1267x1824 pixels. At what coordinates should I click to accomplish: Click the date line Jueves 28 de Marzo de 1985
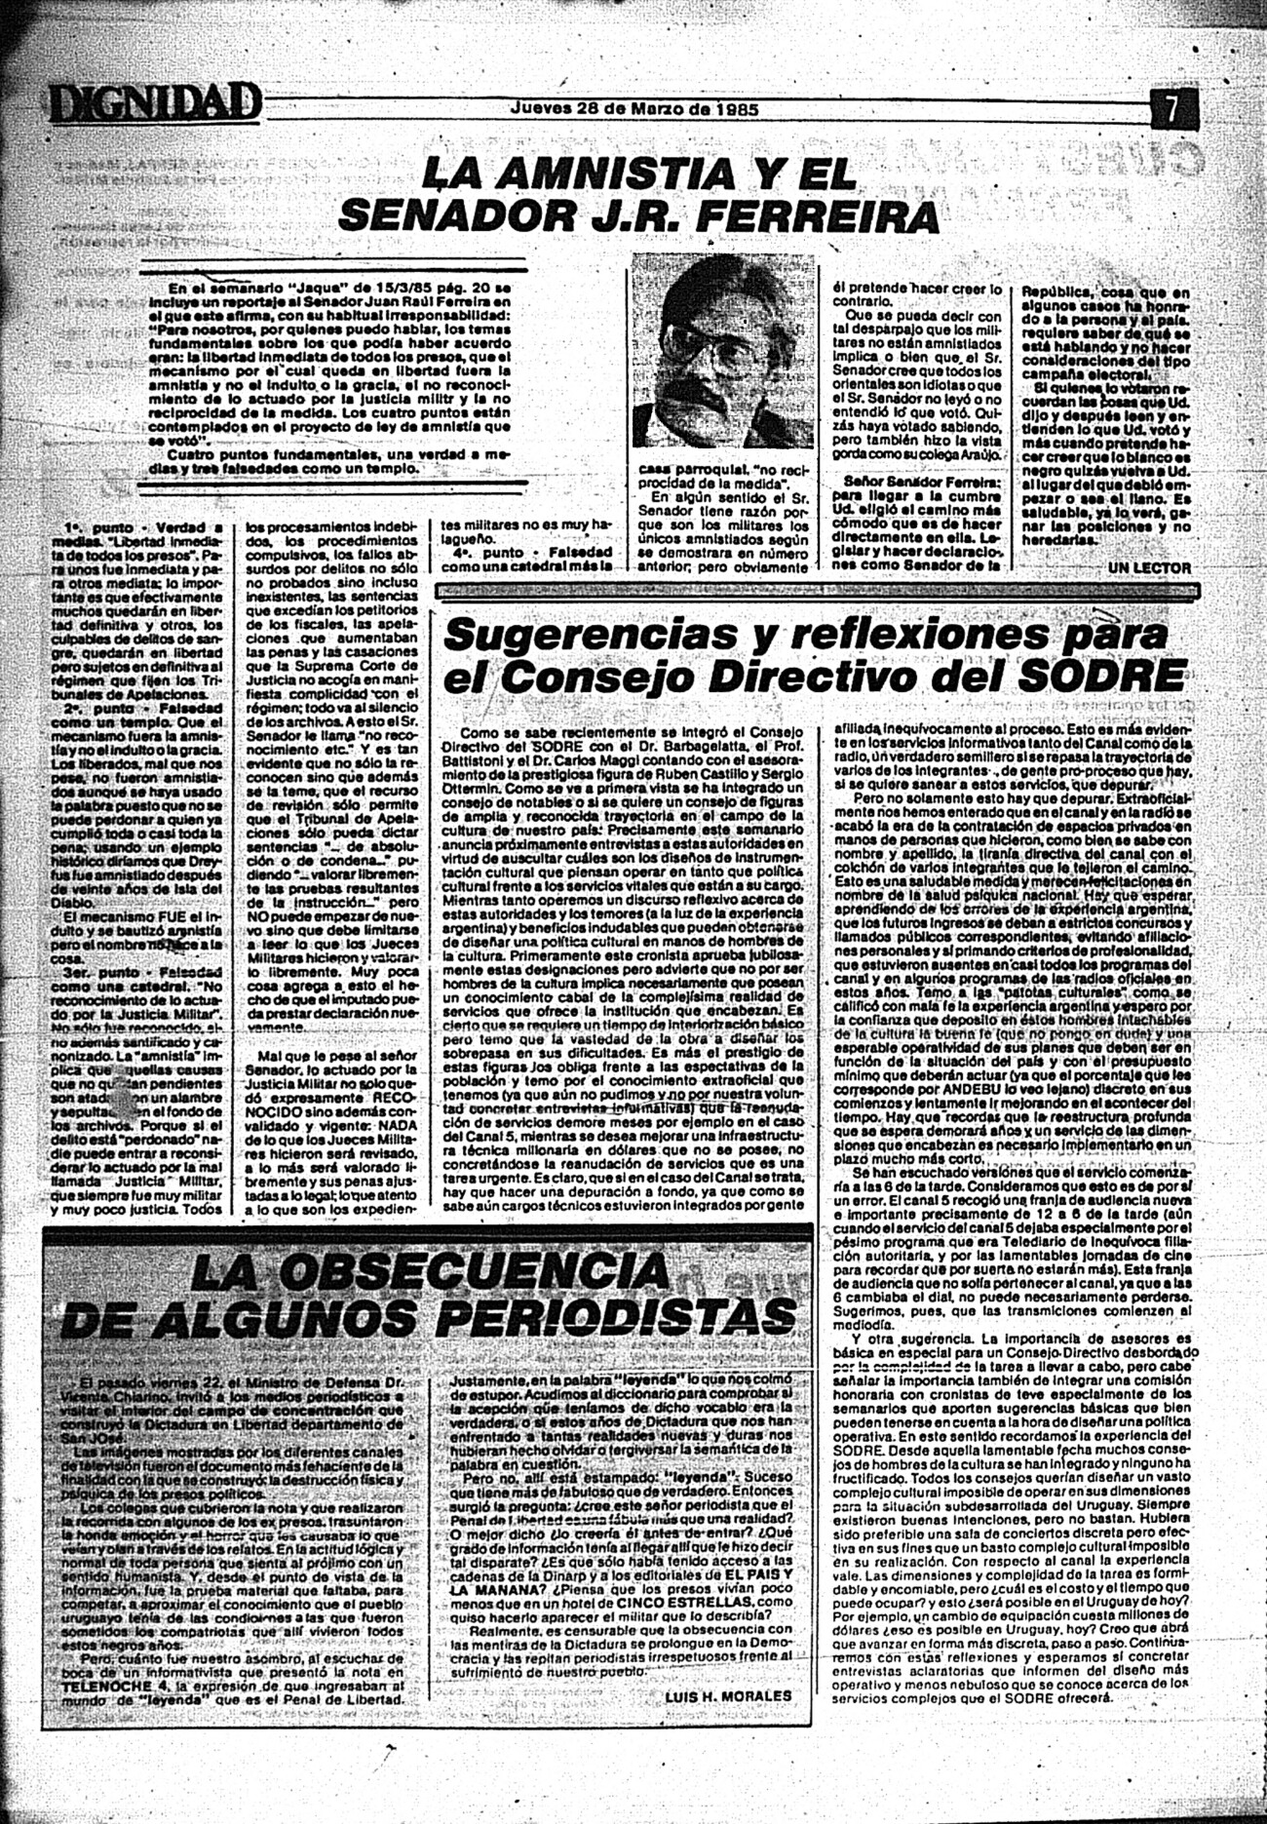[634, 108]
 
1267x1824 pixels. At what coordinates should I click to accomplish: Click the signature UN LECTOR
[1149, 567]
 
